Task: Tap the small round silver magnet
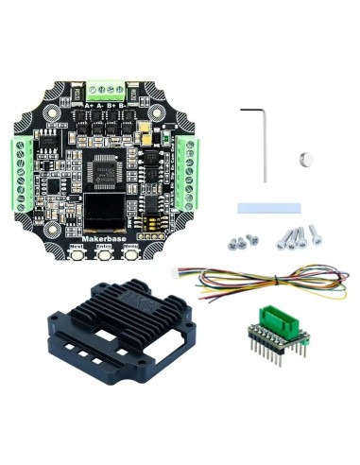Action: click(x=304, y=158)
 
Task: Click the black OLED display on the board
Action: click(x=108, y=210)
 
